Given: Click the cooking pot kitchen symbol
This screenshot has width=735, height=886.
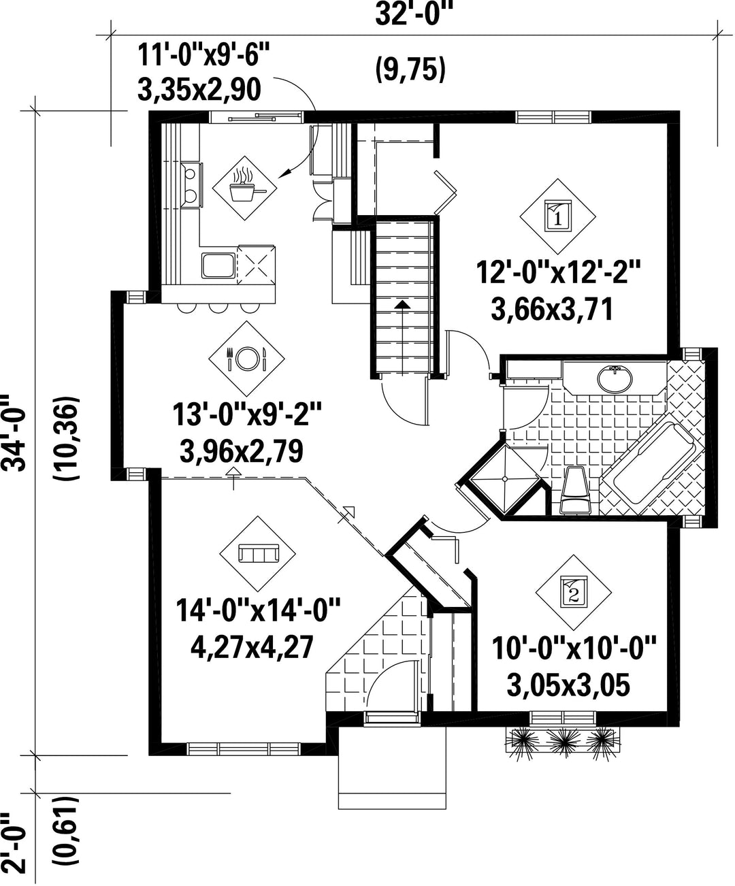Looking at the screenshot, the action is pyautogui.click(x=244, y=187).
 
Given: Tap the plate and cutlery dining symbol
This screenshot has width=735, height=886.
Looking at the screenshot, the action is pyautogui.click(x=246, y=359).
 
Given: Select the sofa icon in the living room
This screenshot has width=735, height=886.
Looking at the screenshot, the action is pyautogui.click(x=257, y=554).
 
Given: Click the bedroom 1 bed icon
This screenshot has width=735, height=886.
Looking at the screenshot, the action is pyautogui.click(x=557, y=216).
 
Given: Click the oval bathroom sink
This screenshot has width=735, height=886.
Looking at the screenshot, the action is pyautogui.click(x=615, y=378).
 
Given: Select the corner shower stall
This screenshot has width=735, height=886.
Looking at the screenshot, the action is pyautogui.click(x=504, y=479).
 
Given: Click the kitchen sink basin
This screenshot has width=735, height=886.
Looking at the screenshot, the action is pyautogui.click(x=218, y=265).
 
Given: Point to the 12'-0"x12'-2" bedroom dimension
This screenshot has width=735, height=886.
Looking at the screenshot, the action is pyautogui.click(x=557, y=272).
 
